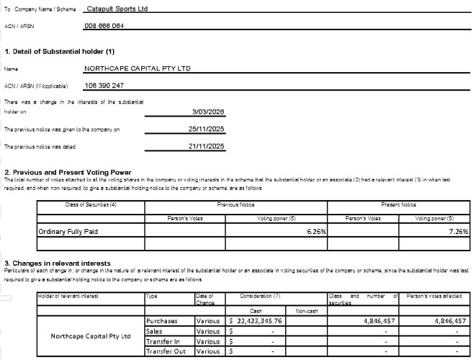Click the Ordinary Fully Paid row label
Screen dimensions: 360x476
(x=68, y=232)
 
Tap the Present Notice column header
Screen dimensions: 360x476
(x=398, y=204)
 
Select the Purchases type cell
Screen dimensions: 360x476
(x=163, y=321)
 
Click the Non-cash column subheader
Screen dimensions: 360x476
(x=306, y=310)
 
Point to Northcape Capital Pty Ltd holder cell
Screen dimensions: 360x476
(x=90, y=336)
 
